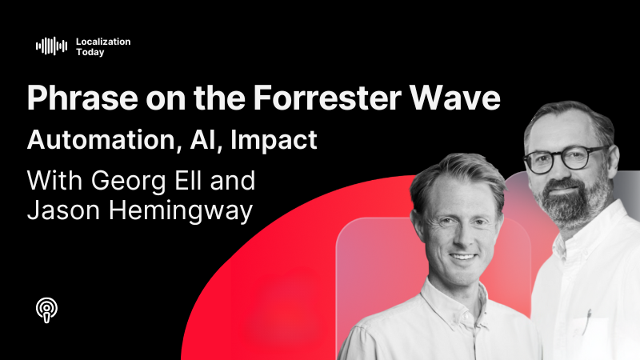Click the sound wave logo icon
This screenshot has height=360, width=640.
click(x=51, y=46)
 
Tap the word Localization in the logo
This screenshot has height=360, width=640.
click(x=102, y=41)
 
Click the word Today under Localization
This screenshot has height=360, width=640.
click(x=90, y=52)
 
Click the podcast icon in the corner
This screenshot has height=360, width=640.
click(x=48, y=308)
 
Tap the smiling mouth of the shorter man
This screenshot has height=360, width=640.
click(x=465, y=258)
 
